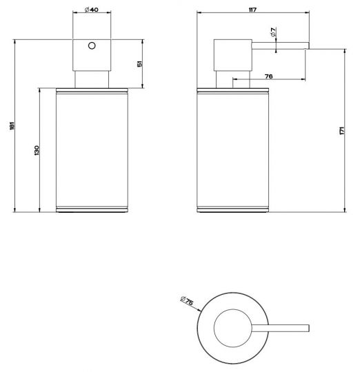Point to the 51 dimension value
coord(140,64)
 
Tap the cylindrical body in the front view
coord(91,148)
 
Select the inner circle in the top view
coord(232,328)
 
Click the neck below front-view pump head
coord(91,78)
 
